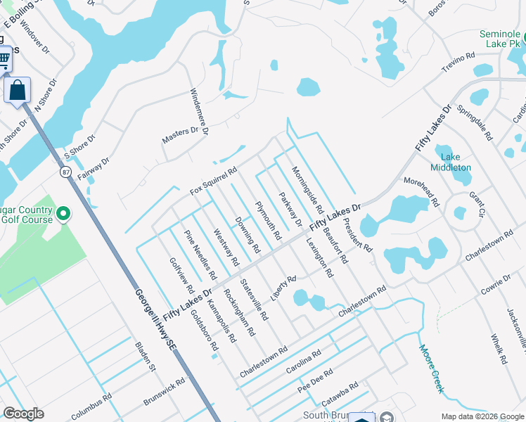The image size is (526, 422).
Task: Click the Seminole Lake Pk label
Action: [499, 39]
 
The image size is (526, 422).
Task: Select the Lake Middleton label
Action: [451, 162]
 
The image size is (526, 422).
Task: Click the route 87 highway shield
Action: [65, 172]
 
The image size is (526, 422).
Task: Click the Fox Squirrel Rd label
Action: [213, 181]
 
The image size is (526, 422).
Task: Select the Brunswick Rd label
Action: [163, 392]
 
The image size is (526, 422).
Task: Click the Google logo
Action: [23, 414]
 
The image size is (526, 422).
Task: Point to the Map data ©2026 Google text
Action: [482, 416]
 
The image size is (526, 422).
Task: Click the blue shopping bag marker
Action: [17, 90]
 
